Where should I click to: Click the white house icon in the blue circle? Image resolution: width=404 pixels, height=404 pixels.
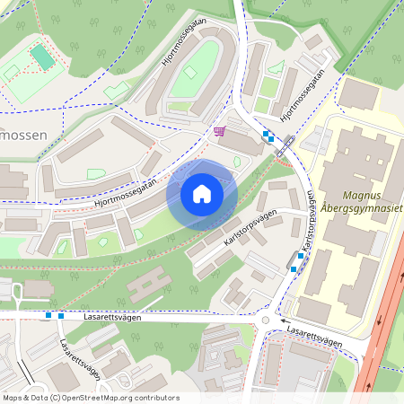click(202, 193)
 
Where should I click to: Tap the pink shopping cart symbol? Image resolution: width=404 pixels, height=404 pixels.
click(219, 132)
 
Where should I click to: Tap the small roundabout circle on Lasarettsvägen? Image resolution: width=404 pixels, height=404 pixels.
click(265, 321)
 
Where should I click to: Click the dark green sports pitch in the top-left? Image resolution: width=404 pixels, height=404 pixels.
click(42, 57)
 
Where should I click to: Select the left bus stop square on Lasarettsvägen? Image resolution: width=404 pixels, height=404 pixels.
click(48, 315)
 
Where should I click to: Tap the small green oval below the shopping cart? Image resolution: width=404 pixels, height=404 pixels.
click(237, 162)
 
